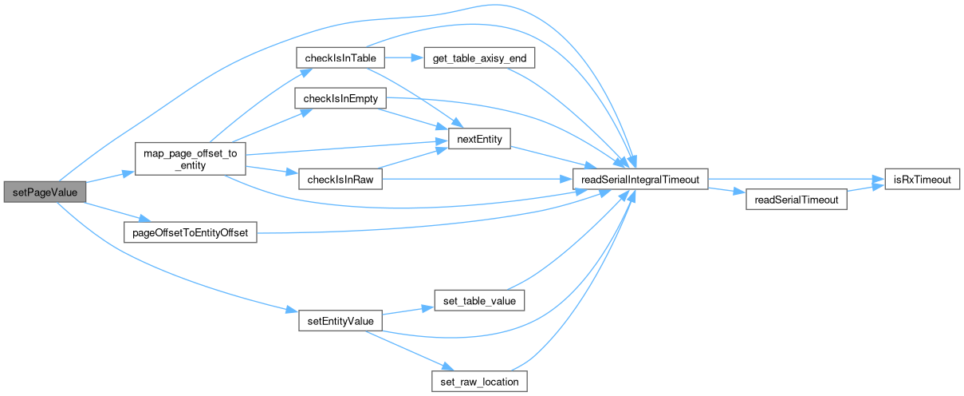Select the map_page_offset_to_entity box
click(x=189, y=160)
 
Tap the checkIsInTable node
click(x=340, y=58)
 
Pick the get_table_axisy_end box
click(x=478, y=58)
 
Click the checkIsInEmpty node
click(x=340, y=99)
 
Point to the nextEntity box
click(x=478, y=140)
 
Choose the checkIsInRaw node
click(x=340, y=180)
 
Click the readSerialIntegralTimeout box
click(x=640, y=180)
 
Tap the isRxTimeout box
click(x=922, y=180)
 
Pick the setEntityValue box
click(x=336, y=321)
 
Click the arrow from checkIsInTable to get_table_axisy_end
click(x=403, y=58)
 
